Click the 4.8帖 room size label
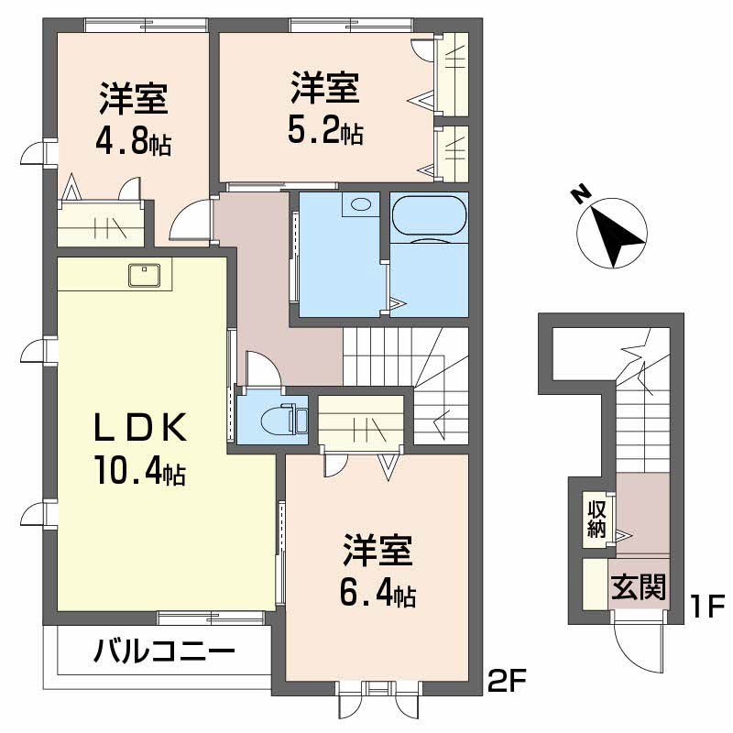coord(134,143)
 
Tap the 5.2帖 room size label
coord(325,132)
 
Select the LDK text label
coord(141,428)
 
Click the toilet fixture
coord(279,421)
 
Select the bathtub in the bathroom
coord(429,218)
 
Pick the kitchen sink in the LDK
coord(146,274)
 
